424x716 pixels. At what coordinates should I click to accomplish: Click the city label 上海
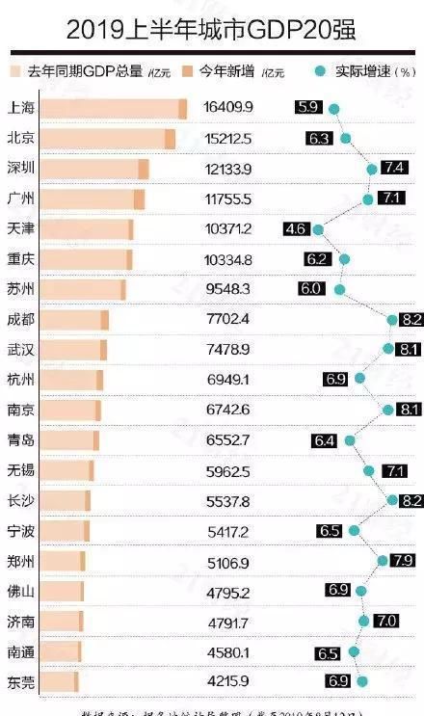pyautogui.click(x=21, y=108)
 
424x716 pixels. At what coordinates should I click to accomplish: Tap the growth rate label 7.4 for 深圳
pyautogui.click(x=393, y=168)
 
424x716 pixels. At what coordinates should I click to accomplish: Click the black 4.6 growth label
pyautogui.click(x=296, y=228)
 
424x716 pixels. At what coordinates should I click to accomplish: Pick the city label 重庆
pyautogui.click(x=21, y=258)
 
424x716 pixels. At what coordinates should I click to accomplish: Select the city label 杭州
pyautogui.click(x=21, y=379)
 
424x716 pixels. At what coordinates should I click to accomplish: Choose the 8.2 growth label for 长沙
pyautogui.click(x=411, y=500)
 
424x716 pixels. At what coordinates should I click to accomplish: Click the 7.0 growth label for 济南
pyautogui.click(x=386, y=621)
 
